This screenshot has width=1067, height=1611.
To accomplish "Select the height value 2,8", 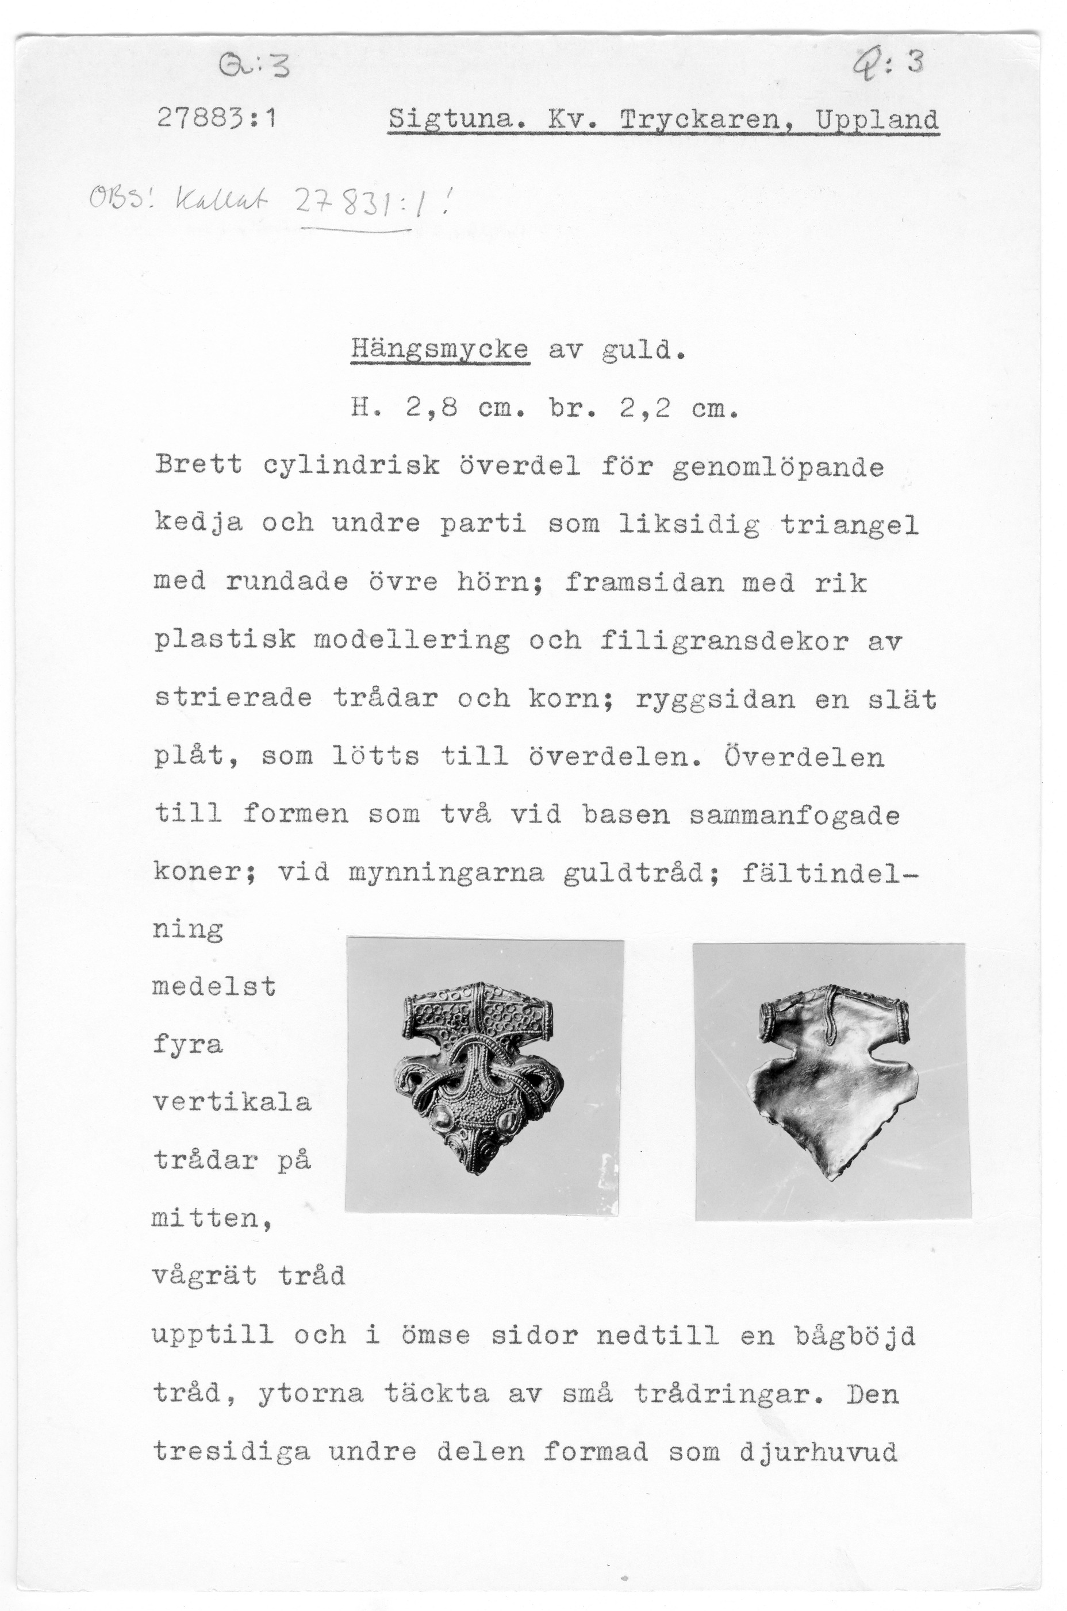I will (431, 408).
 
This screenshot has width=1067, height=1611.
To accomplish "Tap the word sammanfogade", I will (794, 815).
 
